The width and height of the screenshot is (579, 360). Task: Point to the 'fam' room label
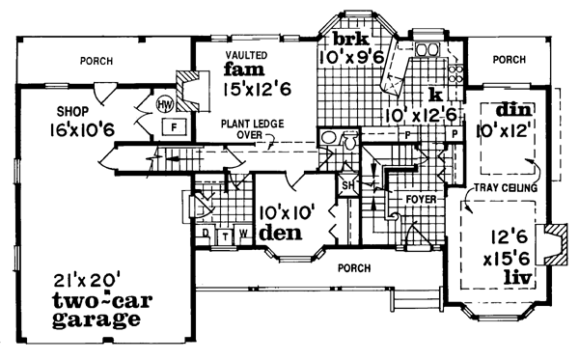click(x=240, y=71)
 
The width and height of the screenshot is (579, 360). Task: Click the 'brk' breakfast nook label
click(x=347, y=40)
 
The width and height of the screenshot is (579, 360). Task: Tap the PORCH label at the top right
click(x=509, y=60)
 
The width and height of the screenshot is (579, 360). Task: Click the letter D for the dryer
click(x=205, y=234)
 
